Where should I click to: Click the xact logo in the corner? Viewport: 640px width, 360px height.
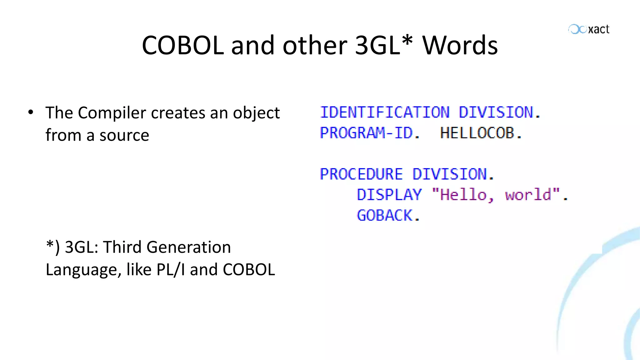[x=589, y=29]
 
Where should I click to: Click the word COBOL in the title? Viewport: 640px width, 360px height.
[x=183, y=45]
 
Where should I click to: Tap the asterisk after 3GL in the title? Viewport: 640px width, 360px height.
[x=407, y=40]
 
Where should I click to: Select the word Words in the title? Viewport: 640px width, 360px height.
[x=460, y=45]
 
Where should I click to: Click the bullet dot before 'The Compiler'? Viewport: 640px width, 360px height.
[x=30, y=112]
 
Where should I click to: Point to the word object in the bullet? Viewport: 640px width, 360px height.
[x=256, y=113]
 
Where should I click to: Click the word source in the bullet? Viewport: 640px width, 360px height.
[x=124, y=135]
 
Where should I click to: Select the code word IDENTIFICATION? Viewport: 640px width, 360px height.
[x=385, y=112]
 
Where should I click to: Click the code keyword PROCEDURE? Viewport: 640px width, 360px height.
[x=361, y=174]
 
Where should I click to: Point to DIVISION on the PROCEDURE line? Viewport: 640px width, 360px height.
[x=450, y=174]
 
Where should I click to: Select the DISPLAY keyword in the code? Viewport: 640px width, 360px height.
[x=389, y=195]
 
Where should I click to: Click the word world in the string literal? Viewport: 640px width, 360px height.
[x=528, y=195]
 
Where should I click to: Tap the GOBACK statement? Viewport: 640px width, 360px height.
[x=385, y=215]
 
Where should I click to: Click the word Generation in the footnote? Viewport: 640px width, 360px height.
[x=188, y=247]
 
